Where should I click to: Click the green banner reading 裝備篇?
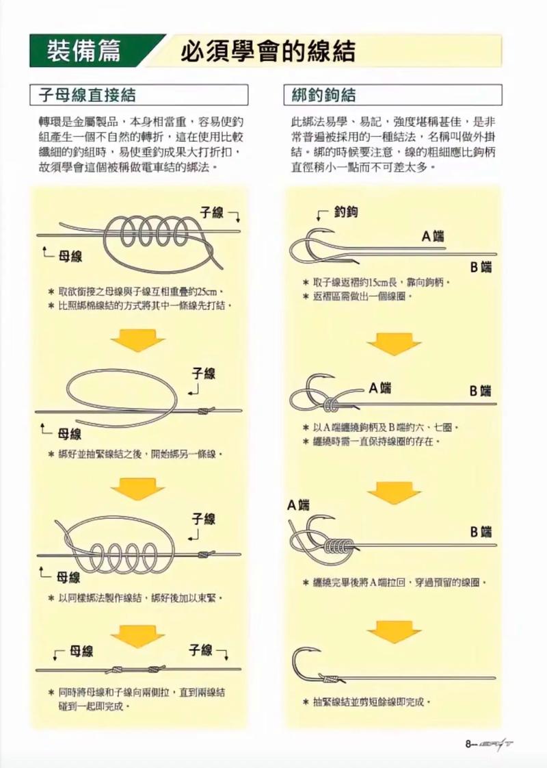click(85, 51)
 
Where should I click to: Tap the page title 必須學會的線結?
click(267, 52)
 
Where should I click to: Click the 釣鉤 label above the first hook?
click(346, 213)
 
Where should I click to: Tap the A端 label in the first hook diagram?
click(432, 237)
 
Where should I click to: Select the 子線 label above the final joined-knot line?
click(200, 650)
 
